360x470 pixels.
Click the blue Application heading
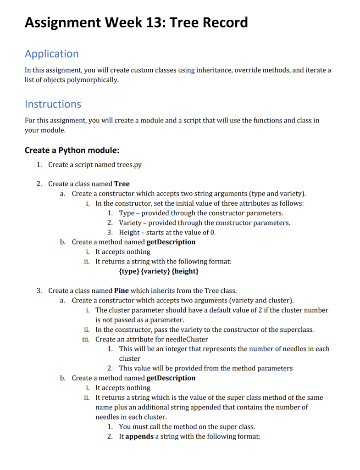click(x=51, y=54)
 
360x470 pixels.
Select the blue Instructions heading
click(x=53, y=104)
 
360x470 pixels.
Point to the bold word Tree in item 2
click(x=122, y=184)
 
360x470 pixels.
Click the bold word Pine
click(x=122, y=291)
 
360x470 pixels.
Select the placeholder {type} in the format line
click(x=129, y=272)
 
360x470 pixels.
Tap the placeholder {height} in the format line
click(x=185, y=272)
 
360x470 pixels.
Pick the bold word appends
click(x=139, y=436)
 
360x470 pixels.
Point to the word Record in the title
click(x=221, y=22)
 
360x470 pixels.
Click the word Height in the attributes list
click(x=129, y=232)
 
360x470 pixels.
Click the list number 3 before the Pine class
click(x=39, y=291)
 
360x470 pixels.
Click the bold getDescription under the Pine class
click(x=171, y=378)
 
